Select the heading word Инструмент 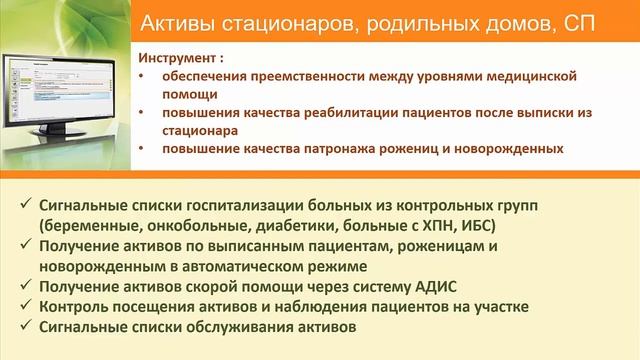point(175,58)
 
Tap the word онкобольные point(202,225)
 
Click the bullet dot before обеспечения point(141,76)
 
